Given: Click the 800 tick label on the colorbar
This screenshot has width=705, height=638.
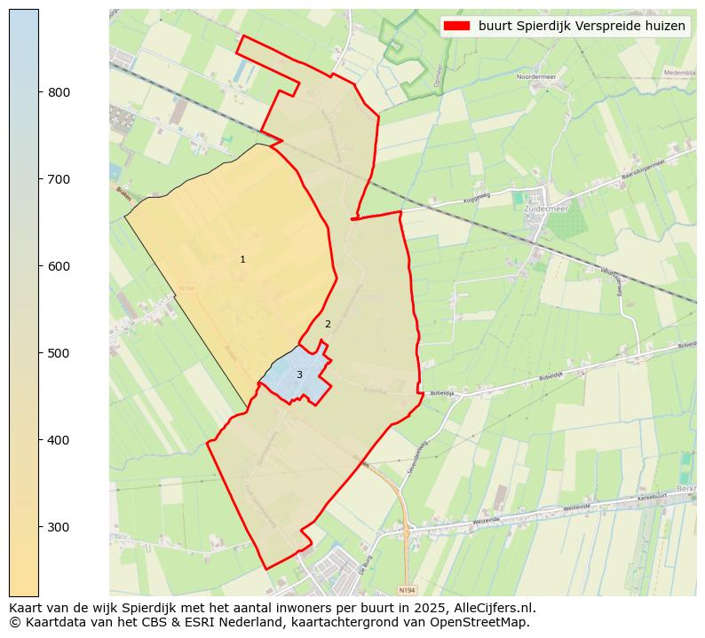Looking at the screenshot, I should click(x=59, y=92).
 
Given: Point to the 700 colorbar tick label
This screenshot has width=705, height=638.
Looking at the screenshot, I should click(x=59, y=179).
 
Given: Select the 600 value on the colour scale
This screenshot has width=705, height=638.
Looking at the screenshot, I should click(x=59, y=266).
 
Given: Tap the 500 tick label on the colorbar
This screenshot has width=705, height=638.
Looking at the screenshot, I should click(x=59, y=353).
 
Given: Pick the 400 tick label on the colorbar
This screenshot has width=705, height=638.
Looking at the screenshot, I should click(x=59, y=440).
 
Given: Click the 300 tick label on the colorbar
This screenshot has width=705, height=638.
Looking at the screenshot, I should click(x=59, y=527).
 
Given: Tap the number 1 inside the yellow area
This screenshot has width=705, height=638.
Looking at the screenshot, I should click(x=242, y=259).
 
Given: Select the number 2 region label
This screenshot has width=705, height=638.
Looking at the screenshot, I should click(x=328, y=324).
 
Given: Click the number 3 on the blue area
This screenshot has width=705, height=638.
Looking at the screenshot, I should click(x=299, y=374).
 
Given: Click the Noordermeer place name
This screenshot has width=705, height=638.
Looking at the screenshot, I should click(x=535, y=77).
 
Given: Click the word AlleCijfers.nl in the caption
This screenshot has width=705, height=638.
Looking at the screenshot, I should click(x=492, y=608).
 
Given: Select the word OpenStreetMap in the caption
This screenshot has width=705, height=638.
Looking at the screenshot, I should click(x=485, y=622).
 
